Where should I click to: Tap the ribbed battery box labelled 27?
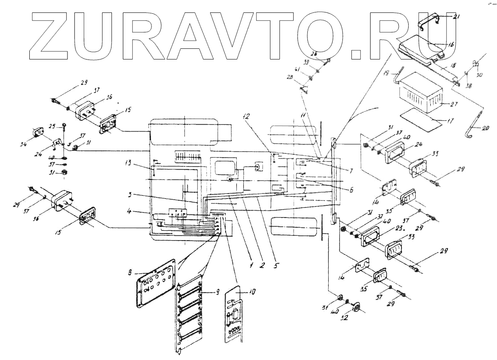pyautogui.click(x=421, y=94)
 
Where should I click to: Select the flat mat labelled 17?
pyautogui.click(x=422, y=117)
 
